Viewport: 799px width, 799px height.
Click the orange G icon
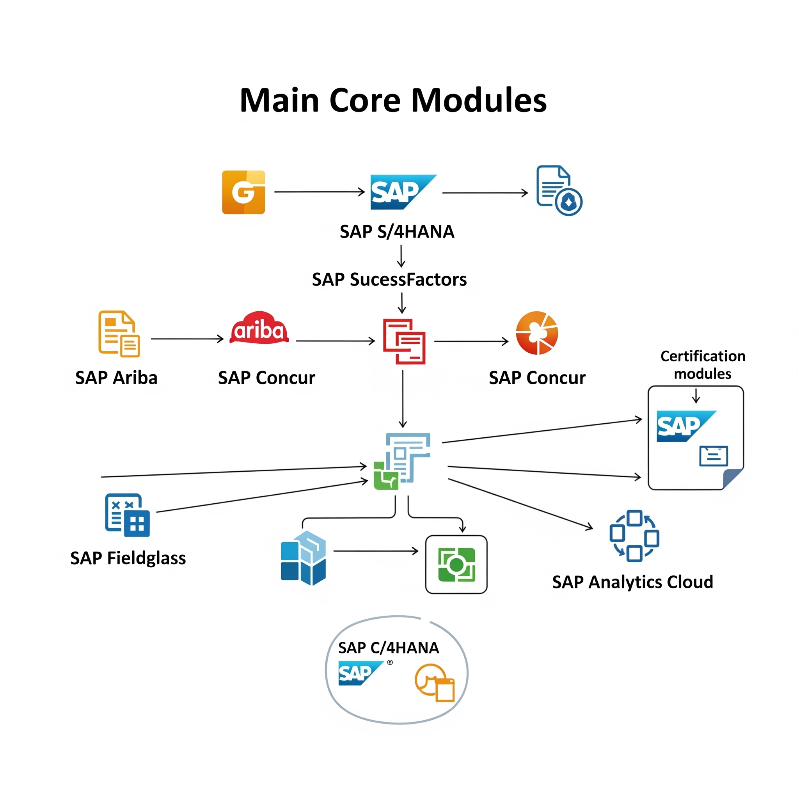click(243, 192)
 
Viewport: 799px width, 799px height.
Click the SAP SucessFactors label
click(389, 280)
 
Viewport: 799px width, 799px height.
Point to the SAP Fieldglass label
click(128, 558)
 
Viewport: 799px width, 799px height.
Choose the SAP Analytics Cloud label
click(632, 582)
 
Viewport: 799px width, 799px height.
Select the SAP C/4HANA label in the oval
click(388, 648)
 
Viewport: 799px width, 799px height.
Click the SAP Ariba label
click(116, 378)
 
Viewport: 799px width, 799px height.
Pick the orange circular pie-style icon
click(537, 333)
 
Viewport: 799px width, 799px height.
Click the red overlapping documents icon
click(404, 341)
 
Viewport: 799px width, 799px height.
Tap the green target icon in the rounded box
click(456, 565)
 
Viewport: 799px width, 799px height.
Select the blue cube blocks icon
click(303, 558)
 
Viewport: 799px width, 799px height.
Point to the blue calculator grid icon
click(127, 515)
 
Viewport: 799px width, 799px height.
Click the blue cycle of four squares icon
click(634, 536)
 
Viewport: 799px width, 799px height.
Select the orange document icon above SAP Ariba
click(119, 334)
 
